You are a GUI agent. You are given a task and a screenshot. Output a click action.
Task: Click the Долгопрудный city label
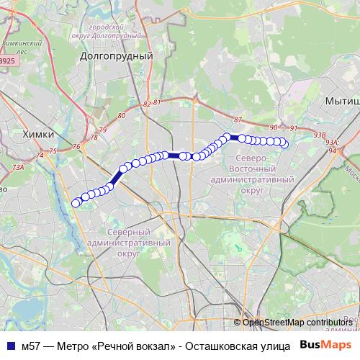coord(117,55)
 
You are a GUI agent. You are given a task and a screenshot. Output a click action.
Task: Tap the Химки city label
coord(38,134)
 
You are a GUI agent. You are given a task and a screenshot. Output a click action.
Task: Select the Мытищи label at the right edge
coord(342,102)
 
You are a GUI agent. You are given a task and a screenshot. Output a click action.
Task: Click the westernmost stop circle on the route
coord(76,203)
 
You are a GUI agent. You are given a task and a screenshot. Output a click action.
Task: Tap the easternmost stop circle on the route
coord(284,144)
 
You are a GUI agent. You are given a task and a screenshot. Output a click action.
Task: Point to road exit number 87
coord(238,120)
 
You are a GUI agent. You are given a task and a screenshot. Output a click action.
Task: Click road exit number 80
coord(121,115)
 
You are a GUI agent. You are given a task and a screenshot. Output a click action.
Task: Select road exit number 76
coord(76,147)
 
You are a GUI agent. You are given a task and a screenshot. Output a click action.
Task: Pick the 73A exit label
coord(18,167)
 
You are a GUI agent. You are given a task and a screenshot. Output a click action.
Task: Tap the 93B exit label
coord(320,135)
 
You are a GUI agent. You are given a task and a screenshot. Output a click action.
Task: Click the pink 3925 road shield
coord(6,62)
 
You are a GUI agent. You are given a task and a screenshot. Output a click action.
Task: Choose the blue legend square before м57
coord(9,346)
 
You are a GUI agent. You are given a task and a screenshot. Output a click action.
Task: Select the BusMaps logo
coord(325,345)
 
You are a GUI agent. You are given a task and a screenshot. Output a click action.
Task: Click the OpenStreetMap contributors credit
coord(296,323)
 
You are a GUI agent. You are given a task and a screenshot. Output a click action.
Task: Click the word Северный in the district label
coord(127,233)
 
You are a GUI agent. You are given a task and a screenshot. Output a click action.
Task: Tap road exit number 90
coord(273,127)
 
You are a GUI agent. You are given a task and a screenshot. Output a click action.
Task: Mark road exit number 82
coord(147,105)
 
